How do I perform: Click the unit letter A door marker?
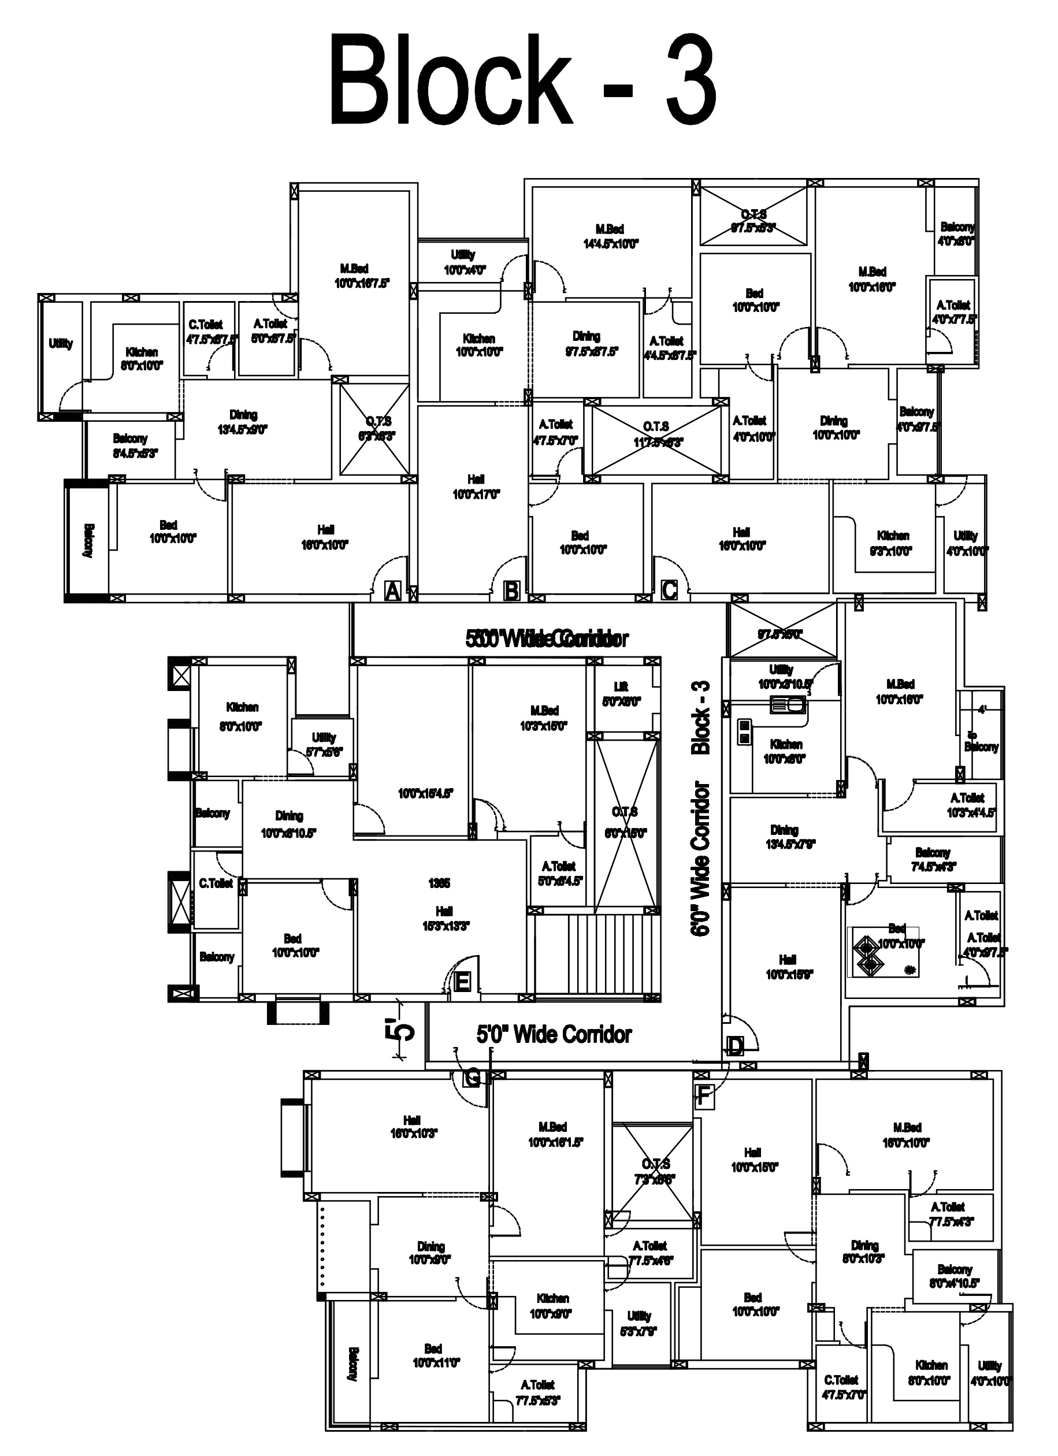point(392,590)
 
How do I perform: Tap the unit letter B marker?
point(511,590)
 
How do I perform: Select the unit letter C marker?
point(669,589)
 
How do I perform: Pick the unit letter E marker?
point(462,982)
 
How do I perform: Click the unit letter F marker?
point(704,1096)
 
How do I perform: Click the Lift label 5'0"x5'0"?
point(621,694)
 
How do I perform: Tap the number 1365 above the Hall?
point(439,883)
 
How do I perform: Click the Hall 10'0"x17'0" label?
point(476,486)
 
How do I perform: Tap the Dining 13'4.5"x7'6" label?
point(785,837)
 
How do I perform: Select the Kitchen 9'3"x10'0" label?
point(893,543)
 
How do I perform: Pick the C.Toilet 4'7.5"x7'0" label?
point(842,1387)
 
